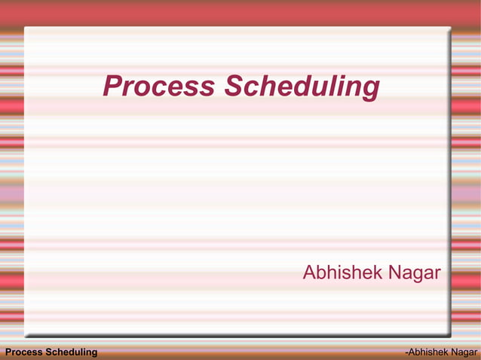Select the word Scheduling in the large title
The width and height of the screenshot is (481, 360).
[x=301, y=87]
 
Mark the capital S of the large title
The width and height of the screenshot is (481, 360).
[x=232, y=86]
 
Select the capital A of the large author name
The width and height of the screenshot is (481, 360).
[x=309, y=272]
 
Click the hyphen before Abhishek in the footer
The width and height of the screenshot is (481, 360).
[x=406, y=353]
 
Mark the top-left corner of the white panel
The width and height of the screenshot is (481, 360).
[x=25, y=28]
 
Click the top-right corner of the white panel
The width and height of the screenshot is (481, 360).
[x=450, y=28]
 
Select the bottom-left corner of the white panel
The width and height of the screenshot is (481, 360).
[x=25, y=335]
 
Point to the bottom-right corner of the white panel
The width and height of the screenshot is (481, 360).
[x=450, y=335]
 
